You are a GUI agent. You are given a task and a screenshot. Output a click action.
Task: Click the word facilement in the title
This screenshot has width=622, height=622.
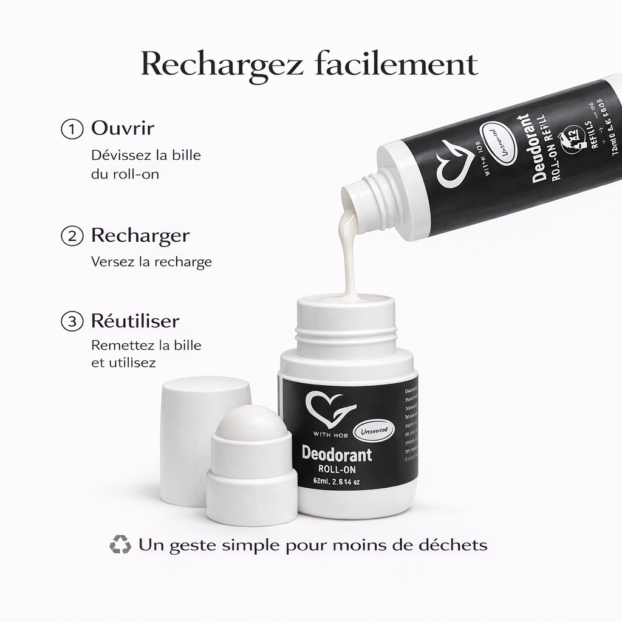(396, 64)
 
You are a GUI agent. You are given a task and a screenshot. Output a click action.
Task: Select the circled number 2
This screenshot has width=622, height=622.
(72, 236)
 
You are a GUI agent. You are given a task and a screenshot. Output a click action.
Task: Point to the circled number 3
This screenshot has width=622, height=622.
(72, 321)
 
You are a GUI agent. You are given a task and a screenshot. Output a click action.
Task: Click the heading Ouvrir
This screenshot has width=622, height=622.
(122, 129)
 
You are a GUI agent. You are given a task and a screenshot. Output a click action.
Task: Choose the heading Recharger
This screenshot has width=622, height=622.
(140, 236)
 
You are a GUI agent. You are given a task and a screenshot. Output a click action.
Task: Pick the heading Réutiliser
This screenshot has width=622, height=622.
(135, 320)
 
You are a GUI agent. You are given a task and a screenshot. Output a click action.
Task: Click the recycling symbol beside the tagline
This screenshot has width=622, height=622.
(120, 544)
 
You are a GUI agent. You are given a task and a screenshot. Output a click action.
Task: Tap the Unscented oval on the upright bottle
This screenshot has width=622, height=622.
(374, 429)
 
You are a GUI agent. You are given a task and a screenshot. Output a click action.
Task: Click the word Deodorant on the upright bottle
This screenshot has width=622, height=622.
(337, 454)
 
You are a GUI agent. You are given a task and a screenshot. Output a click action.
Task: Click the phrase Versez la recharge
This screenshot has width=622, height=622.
(151, 262)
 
